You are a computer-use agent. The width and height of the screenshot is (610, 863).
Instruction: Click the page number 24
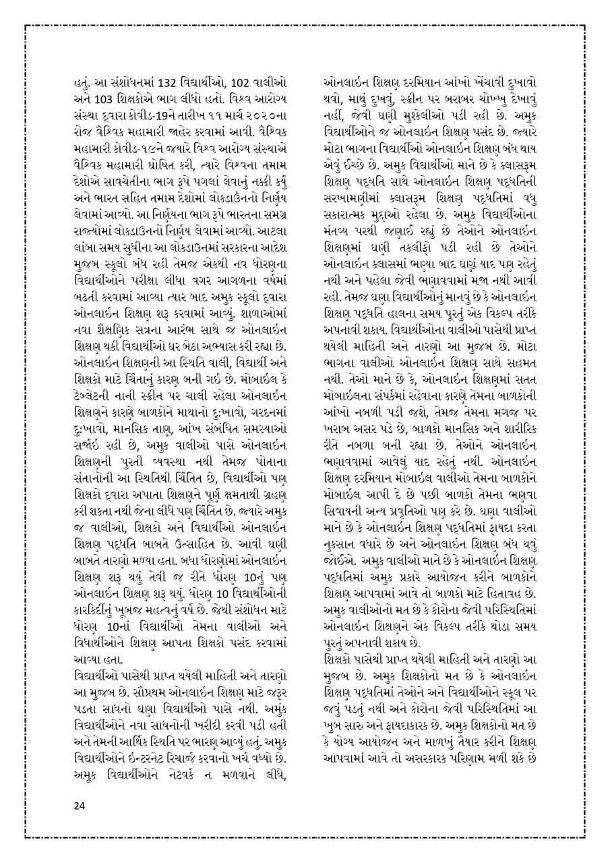point(80,805)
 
